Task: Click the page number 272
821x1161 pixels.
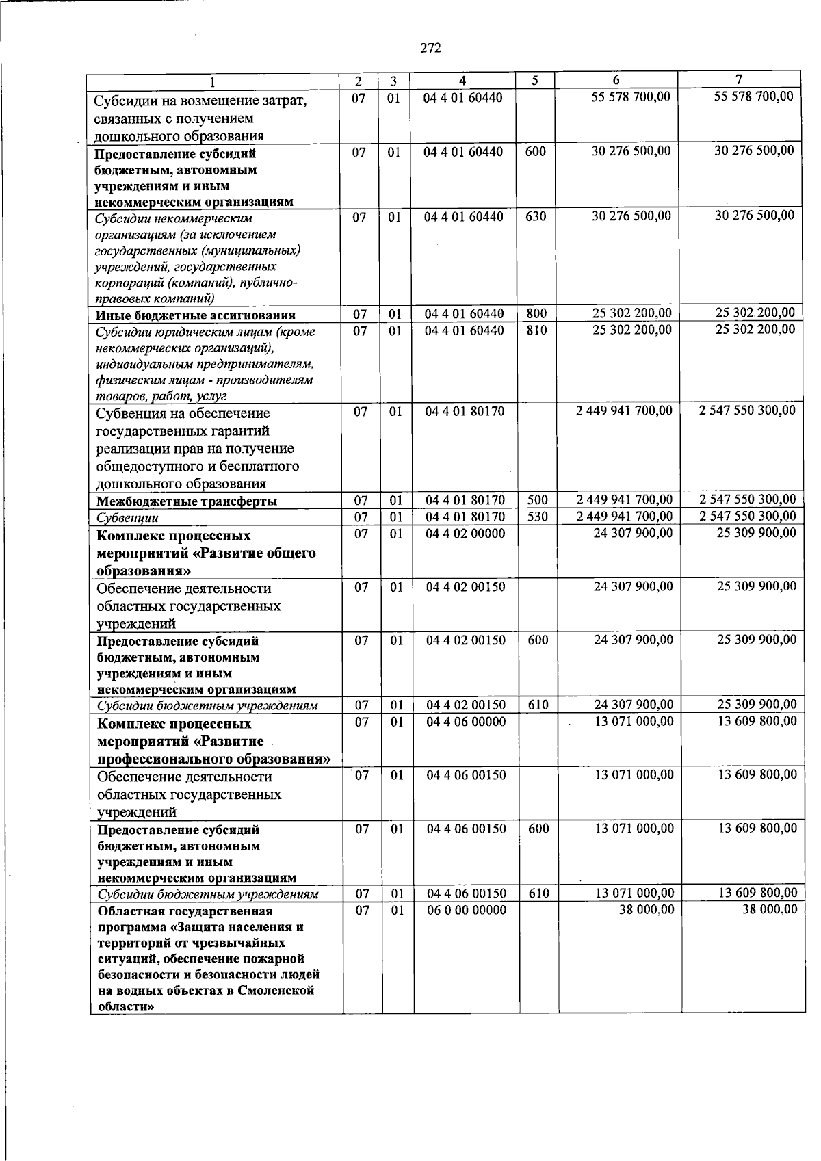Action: [x=430, y=48]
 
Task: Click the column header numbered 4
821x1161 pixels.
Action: [x=462, y=80]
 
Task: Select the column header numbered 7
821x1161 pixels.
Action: [x=739, y=79]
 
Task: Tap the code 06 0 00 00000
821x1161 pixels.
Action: [x=467, y=910]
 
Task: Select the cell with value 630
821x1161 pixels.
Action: [x=536, y=216]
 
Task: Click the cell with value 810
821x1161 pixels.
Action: [x=536, y=330]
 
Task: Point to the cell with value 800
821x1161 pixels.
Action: [x=536, y=314]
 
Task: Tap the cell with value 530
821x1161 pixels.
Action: [x=538, y=517]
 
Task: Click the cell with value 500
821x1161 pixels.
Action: [x=538, y=501]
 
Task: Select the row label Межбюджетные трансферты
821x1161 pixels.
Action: [x=187, y=501]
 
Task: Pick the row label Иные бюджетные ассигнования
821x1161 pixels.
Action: [x=195, y=315]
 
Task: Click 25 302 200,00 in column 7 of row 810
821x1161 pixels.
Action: [x=755, y=330]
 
